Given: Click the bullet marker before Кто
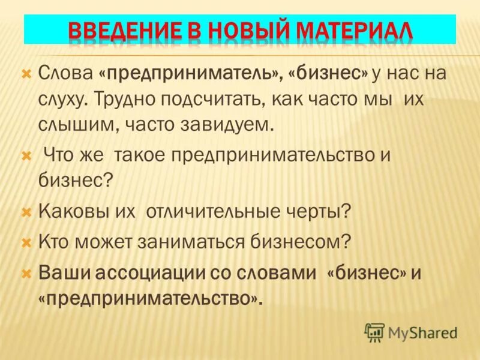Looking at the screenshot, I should [x=26, y=244].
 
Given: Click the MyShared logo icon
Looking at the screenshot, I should [x=374, y=332].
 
